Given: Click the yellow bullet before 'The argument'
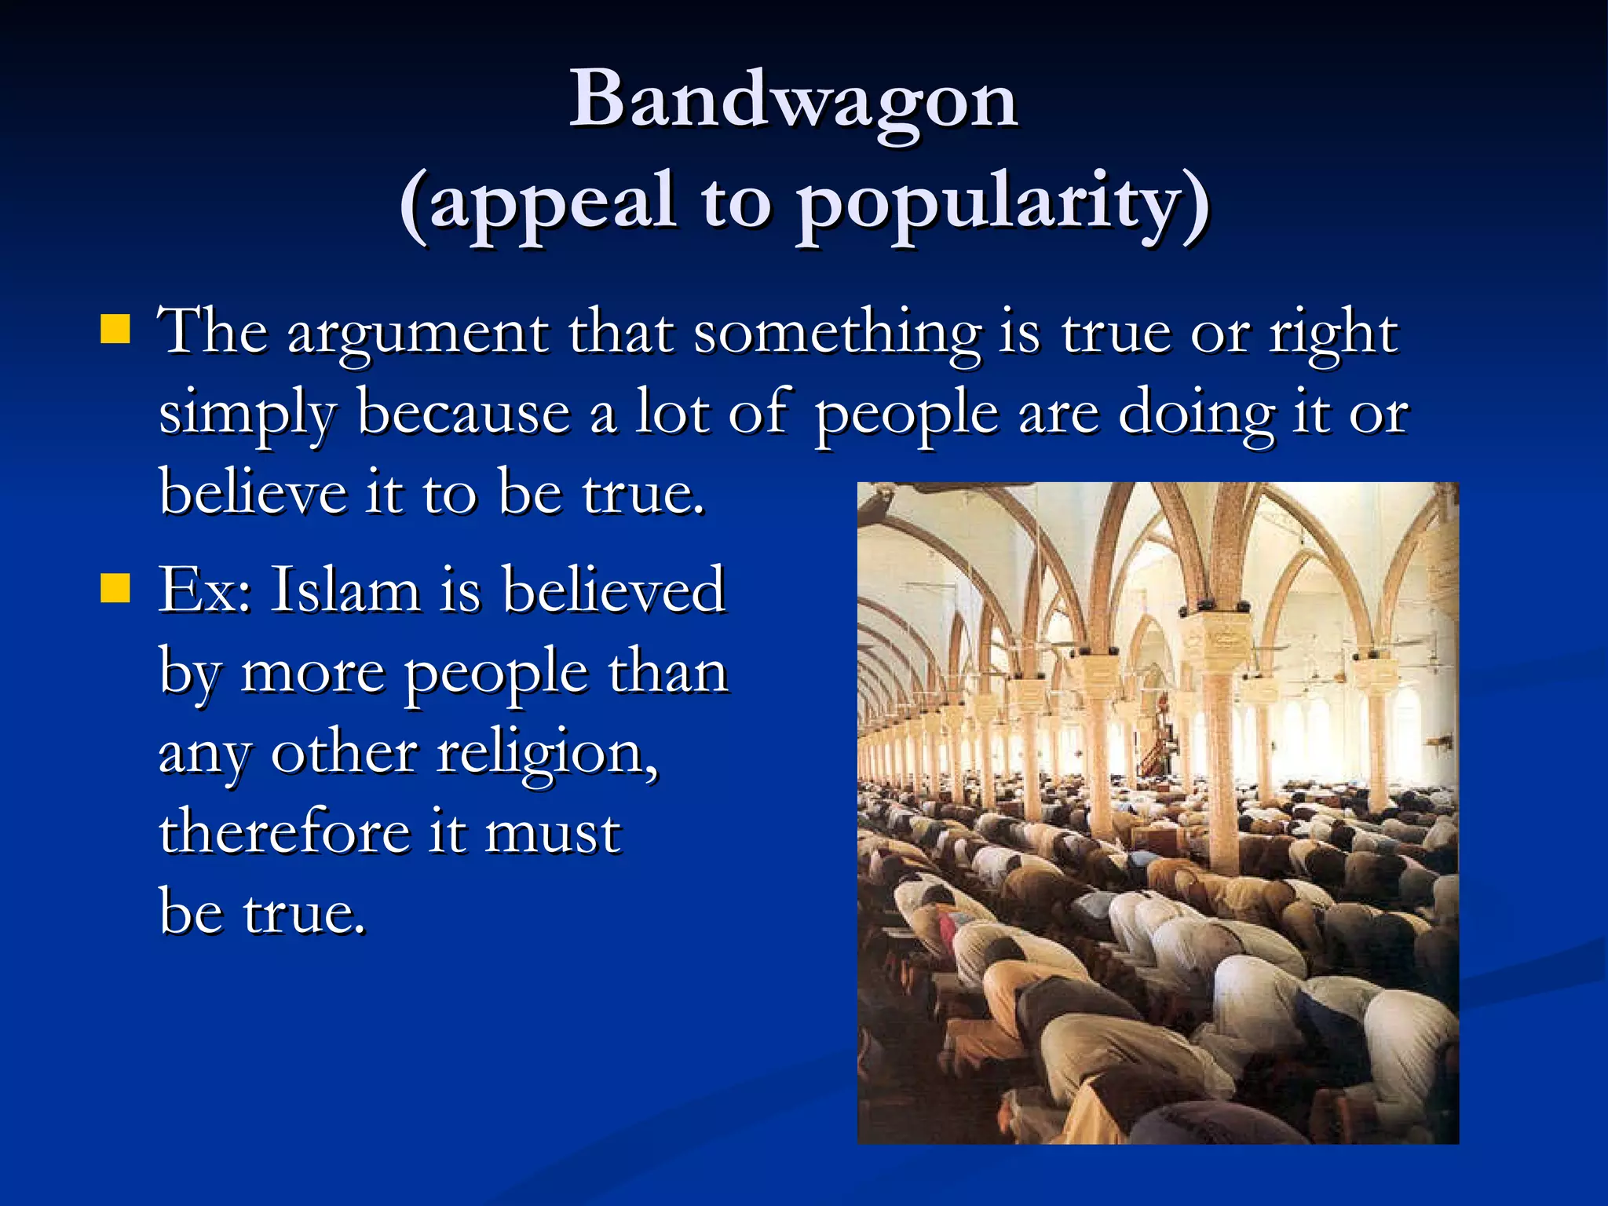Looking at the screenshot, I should tap(115, 330).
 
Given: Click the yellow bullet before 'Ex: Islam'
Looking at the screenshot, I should tap(115, 587).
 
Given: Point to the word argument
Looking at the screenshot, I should tap(418, 334).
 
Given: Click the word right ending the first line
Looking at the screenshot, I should tap(1334, 334).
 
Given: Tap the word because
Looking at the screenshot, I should tap(464, 413).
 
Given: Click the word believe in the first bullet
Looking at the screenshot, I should tap(253, 493).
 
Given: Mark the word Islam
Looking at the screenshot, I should tap(345, 590).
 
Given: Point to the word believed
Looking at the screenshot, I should tap(613, 590).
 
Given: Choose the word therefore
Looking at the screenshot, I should tap(284, 832).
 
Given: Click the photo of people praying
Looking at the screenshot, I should tap(1157, 813).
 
